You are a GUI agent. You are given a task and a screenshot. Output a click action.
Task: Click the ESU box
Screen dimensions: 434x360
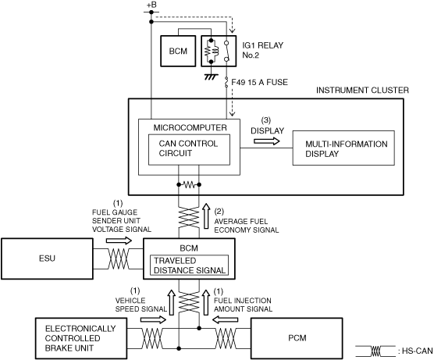pos(47,258)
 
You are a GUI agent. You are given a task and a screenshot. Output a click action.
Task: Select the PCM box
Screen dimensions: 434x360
pos(297,338)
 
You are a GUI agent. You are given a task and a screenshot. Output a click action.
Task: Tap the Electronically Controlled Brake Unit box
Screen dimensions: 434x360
pos(81,338)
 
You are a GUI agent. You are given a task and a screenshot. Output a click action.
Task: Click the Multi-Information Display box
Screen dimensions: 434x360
pos(343,148)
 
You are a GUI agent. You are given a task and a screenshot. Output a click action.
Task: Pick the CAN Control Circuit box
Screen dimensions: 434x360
pos(189,149)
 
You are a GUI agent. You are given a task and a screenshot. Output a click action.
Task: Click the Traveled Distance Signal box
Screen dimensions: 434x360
pos(189,266)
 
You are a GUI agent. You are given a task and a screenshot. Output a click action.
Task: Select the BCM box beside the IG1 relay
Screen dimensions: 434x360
pos(178,51)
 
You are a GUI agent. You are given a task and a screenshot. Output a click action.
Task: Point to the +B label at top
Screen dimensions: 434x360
pos(151,5)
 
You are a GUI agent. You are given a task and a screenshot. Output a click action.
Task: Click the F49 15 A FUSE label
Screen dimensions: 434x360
pos(259,82)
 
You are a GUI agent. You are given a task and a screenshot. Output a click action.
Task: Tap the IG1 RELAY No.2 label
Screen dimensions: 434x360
pos(263,50)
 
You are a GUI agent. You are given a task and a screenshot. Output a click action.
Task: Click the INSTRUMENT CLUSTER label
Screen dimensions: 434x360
pos(362,91)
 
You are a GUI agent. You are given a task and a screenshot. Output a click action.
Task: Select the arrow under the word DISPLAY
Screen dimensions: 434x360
pos(267,141)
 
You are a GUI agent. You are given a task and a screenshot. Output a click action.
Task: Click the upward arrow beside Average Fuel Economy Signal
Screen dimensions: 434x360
pos(206,216)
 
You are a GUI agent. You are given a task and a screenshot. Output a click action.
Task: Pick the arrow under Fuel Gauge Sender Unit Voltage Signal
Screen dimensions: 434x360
pos(119,241)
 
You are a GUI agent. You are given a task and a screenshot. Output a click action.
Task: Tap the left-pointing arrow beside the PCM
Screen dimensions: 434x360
pos(225,320)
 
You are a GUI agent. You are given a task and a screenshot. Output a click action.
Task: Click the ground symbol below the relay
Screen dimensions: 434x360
pos(211,77)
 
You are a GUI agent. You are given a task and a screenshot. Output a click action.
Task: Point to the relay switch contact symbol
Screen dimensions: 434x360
pos(226,52)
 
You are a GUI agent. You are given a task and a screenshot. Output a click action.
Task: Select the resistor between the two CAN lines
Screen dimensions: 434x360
pos(189,184)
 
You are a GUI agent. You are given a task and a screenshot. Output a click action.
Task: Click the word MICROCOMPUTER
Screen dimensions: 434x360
pos(190,127)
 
